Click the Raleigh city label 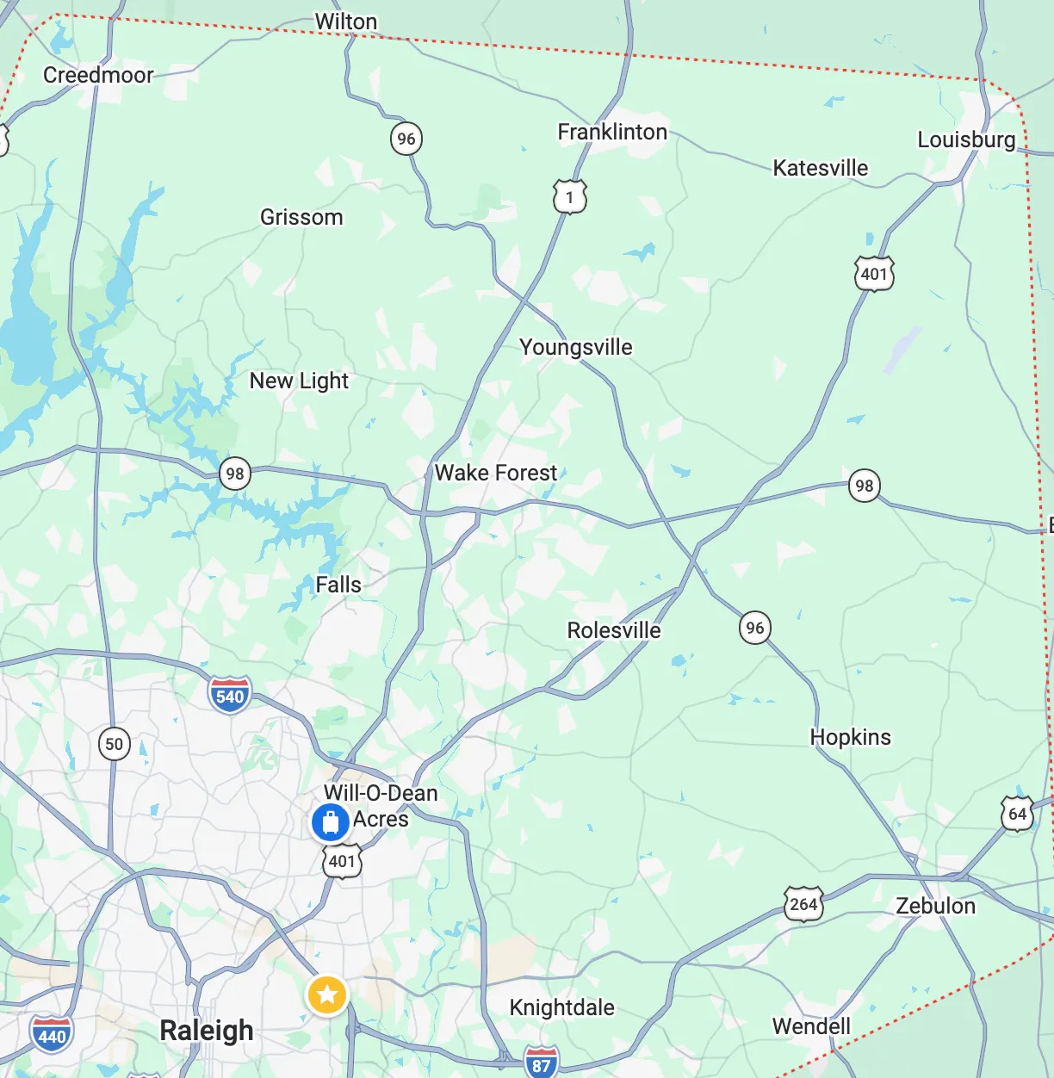tap(207, 1031)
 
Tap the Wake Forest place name tap(496, 473)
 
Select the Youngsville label tap(575, 347)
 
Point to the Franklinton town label tap(612, 132)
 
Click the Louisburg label tap(966, 139)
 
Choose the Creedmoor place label tap(98, 75)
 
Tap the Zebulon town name tap(935, 906)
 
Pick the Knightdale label tap(561, 1007)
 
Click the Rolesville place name tap(614, 630)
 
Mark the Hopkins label tap(850, 737)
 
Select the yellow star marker tap(327, 995)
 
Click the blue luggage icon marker tap(330, 822)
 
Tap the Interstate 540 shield tap(230, 696)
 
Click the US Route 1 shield tap(569, 197)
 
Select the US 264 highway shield tap(803, 904)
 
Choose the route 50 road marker tap(115, 744)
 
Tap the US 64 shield tap(1017, 814)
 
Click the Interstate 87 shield tap(541, 1063)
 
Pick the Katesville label tap(820, 168)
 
